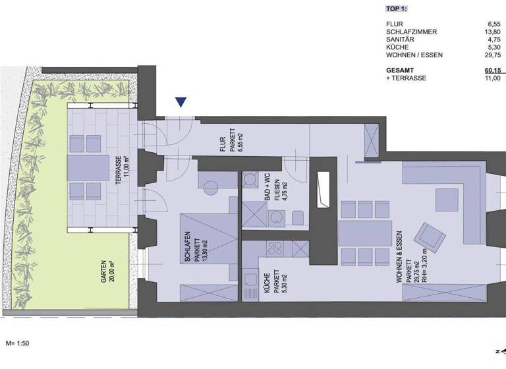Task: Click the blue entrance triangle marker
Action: tap(181, 102)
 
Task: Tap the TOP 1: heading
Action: tap(396, 9)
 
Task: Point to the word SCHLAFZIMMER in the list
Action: tap(411, 32)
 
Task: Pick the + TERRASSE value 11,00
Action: tap(493, 78)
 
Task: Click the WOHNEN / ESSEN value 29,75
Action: tap(493, 55)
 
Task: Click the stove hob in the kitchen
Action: tap(274, 249)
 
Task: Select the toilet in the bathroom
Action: tap(297, 217)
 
